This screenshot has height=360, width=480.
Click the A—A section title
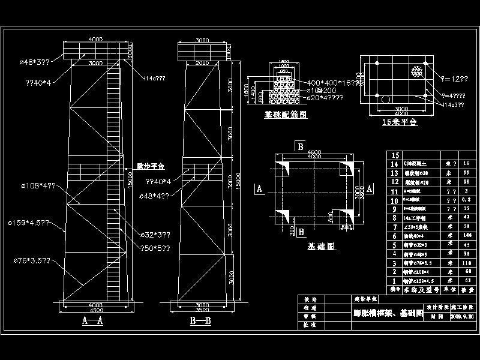pyautogui.click(x=92, y=321)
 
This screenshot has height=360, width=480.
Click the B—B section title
pyautogui.click(x=200, y=321)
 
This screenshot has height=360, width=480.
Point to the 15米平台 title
pyautogui.click(x=399, y=121)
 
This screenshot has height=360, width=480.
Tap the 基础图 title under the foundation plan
pyautogui.click(x=321, y=246)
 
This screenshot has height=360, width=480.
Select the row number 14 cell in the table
pyautogui.click(x=394, y=164)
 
